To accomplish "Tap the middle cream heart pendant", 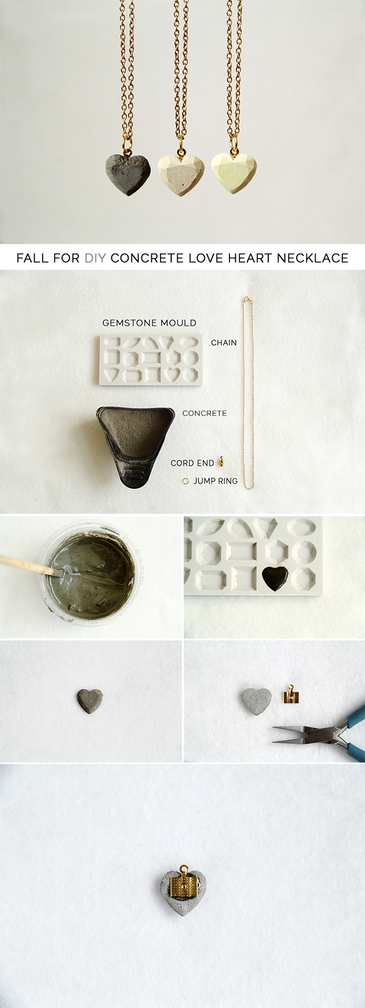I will tap(181, 174).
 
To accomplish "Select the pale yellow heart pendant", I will tap(233, 172).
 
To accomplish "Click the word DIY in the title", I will tap(95, 258).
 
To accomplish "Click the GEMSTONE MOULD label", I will tap(149, 323).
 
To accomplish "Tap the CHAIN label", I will tap(224, 343).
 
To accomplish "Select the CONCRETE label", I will tap(204, 414).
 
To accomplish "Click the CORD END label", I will tap(192, 463).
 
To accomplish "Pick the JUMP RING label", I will tap(215, 481).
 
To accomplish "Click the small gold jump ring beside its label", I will tap(185, 481).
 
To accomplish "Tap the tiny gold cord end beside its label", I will tap(221, 462).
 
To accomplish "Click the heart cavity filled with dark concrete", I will tap(275, 576).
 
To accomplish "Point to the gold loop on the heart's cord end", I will tap(184, 869).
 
